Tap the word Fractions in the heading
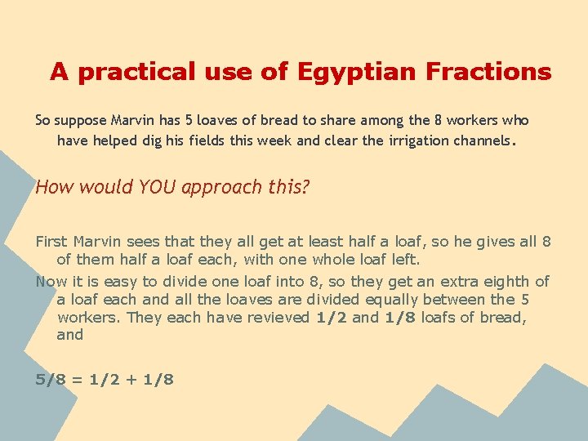tap(488, 72)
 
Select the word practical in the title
tap(131, 72)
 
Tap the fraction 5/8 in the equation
tap(50, 380)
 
